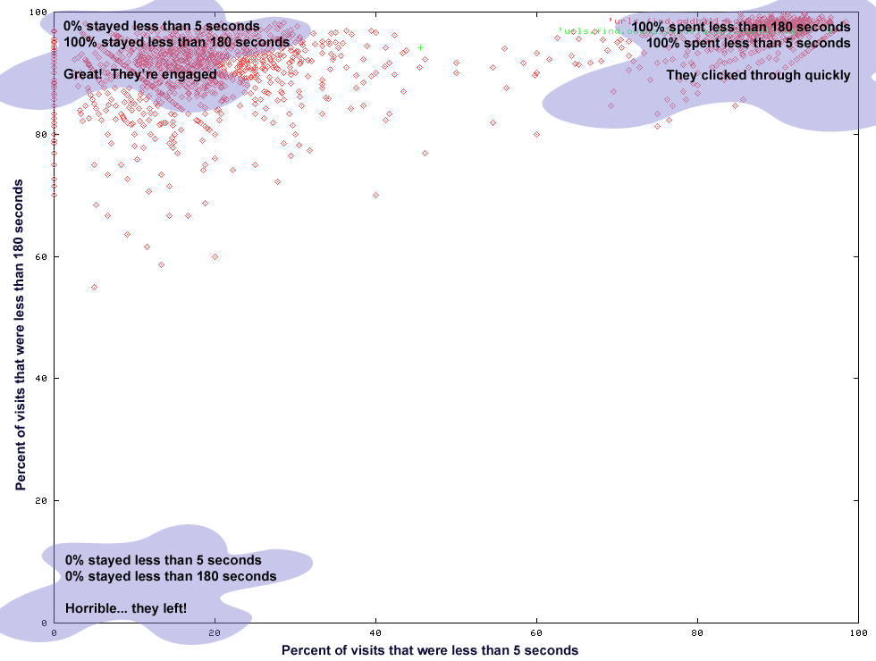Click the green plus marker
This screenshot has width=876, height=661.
pos(420,47)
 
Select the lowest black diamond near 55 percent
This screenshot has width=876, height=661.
pos(94,287)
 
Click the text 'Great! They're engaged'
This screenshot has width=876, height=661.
pos(140,74)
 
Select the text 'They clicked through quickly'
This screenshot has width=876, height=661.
pos(758,75)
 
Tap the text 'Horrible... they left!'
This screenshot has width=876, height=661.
pos(126,608)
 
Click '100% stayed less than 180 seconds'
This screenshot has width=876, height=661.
pos(177,42)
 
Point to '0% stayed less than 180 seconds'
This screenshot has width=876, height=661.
pos(171,576)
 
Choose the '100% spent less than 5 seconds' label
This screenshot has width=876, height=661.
pos(748,43)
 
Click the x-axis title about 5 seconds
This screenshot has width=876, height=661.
pos(430,650)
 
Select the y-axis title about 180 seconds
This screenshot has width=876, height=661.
pos(20,333)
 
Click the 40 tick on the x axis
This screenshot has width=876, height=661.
pos(375,632)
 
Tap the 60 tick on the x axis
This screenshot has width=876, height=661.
pos(536,632)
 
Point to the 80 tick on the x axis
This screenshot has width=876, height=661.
pos(697,632)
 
